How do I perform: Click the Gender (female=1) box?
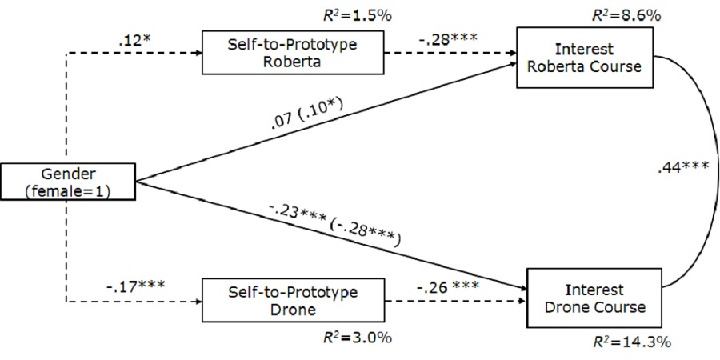coord(67,181)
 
